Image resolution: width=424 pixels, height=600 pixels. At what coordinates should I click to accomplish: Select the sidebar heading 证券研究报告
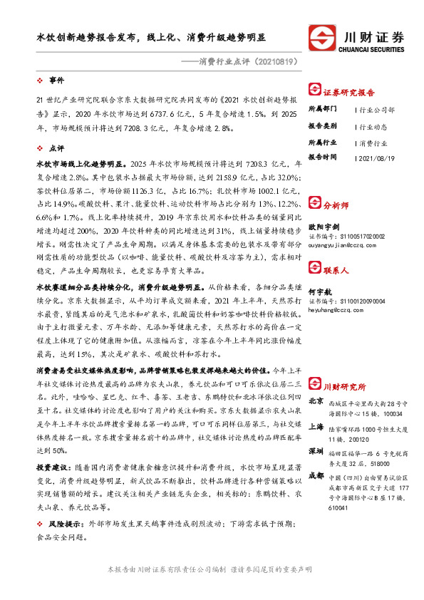pyautogui.click(x=348, y=91)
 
